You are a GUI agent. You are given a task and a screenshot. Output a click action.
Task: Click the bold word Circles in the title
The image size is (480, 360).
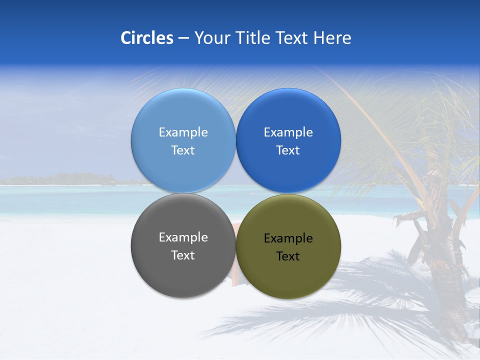click(147, 38)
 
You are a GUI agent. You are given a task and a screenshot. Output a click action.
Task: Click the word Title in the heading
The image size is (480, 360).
click(252, 38)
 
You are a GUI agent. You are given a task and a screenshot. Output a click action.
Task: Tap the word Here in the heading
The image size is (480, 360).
click(332, 38)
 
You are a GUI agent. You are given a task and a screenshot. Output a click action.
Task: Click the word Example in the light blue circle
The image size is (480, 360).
click(183, 132)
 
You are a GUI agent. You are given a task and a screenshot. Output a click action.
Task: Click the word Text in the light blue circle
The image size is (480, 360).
click(183, 150)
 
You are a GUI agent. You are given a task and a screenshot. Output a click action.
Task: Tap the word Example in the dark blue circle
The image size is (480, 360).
click(288, 132)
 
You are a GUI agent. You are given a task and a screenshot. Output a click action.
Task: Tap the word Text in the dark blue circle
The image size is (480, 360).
click(288, 150)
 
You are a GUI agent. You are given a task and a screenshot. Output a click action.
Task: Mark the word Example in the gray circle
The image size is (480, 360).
click(183, 237)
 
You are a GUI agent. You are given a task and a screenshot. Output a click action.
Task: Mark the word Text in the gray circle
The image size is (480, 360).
click(183, 255)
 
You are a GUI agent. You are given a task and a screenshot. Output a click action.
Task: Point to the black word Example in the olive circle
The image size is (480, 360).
click(288, 238)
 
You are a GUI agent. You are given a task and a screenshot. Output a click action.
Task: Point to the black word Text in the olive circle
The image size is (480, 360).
click(288, 256)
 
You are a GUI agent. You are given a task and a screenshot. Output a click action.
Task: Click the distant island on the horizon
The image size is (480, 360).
click(75, 178)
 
